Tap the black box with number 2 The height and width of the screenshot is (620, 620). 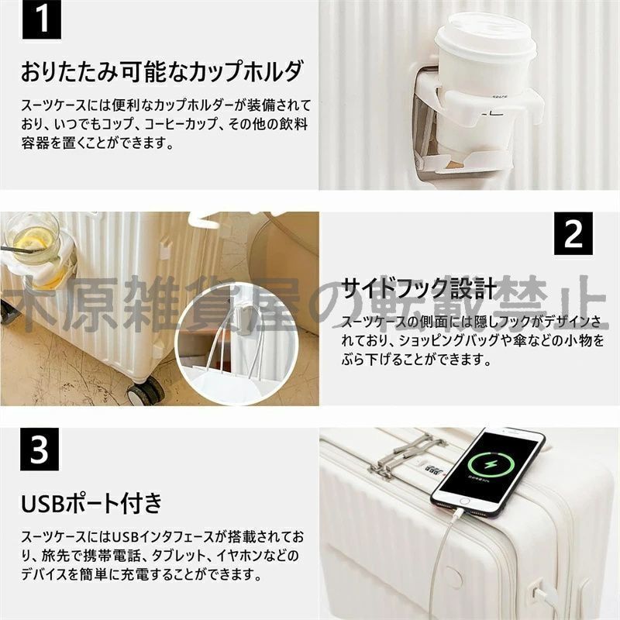pyautogui.click(x=573, y=234)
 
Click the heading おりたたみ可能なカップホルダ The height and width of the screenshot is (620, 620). pyautogui.click(x=160, y=73)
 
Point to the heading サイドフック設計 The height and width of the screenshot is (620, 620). pyautogui.click(x=418, y=290)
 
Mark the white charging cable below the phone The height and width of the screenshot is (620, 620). pyautogui.click(x=446, y=558)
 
